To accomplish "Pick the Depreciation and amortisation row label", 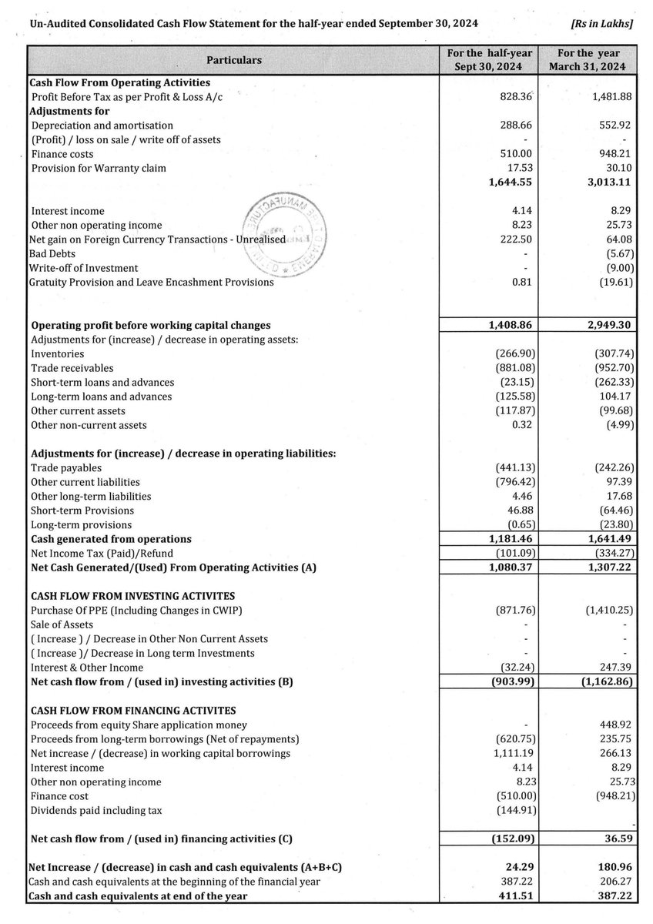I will [x=102, y=125].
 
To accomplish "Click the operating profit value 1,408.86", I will [x=508, y=325].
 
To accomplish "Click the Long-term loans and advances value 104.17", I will [x=614, y=397].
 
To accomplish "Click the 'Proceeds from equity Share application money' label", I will [x=139, y=725].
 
